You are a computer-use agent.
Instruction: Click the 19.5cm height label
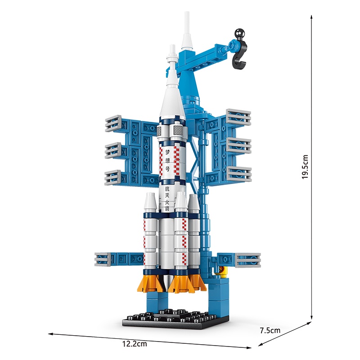click(x=305, y=166)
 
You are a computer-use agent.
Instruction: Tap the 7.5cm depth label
click(x=270, y=330)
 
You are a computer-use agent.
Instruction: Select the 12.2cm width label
click(x=135, y=344)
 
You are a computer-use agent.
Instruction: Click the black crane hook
click(x=240, y=55)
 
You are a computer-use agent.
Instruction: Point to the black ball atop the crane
click(x=240, y=33)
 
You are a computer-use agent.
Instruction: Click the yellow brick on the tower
click(x=223, y=270)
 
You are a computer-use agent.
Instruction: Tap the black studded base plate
click(x=175, y=319)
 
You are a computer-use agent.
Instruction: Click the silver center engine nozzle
click(x=167, y=282)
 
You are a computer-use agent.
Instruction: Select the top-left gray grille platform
click(x=113, y=123)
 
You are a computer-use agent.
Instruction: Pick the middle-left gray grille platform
click(x=113, y=150)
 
